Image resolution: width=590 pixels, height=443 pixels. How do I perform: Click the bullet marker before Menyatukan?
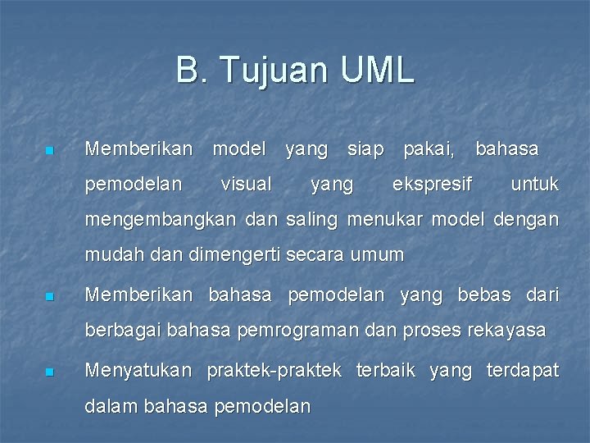point(49,372)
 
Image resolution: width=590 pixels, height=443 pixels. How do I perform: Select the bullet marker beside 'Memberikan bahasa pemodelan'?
point(49,297)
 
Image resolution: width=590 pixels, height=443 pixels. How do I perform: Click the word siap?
point(365,149)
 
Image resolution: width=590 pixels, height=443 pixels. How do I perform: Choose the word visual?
point(246,185)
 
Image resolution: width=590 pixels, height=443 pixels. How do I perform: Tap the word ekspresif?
point(432,185)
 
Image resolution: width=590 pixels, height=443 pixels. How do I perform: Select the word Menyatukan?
point(138,371)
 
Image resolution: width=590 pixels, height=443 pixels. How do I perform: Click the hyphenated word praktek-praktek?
point(274,371)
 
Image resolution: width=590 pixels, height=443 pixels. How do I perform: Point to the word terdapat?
point(522,371)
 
